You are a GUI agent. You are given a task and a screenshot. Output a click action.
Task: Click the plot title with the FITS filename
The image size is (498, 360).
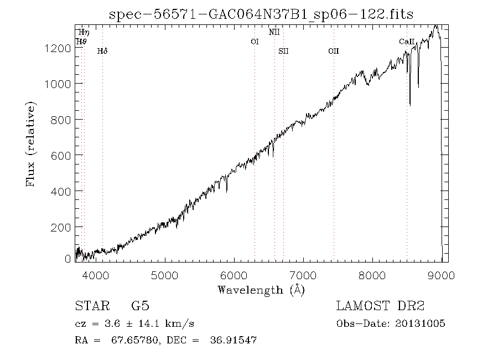coord(261,14)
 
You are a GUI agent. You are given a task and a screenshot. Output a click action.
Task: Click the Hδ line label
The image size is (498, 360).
coord(102,51)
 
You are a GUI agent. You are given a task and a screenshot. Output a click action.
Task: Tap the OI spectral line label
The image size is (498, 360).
coord(255,42)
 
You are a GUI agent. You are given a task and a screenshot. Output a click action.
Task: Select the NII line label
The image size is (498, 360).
coord(274,32)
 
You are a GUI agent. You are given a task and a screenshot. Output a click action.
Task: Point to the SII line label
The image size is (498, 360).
coord(283,51)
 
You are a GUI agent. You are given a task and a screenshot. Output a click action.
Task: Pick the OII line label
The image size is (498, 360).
coord(333,51)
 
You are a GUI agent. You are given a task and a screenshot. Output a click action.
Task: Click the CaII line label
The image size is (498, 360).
coord(405,42)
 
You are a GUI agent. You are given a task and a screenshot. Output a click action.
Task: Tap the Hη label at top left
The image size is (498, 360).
coord(84,33)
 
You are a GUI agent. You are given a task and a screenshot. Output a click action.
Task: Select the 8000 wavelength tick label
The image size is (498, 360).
coord(372,275)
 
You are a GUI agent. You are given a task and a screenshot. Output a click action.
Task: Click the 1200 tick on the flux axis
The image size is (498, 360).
coord(57,48)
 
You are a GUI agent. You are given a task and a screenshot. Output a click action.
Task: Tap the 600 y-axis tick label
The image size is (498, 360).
coord(61,156)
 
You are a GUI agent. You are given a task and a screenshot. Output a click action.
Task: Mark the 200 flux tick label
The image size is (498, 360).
coord(61,228)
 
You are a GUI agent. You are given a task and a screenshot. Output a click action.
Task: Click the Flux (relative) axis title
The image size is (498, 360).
coord(32,143)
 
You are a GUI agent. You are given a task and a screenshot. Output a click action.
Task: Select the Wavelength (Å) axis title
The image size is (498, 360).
coord(261,289)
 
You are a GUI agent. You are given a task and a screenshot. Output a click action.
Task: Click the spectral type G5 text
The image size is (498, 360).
coord(140,306)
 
